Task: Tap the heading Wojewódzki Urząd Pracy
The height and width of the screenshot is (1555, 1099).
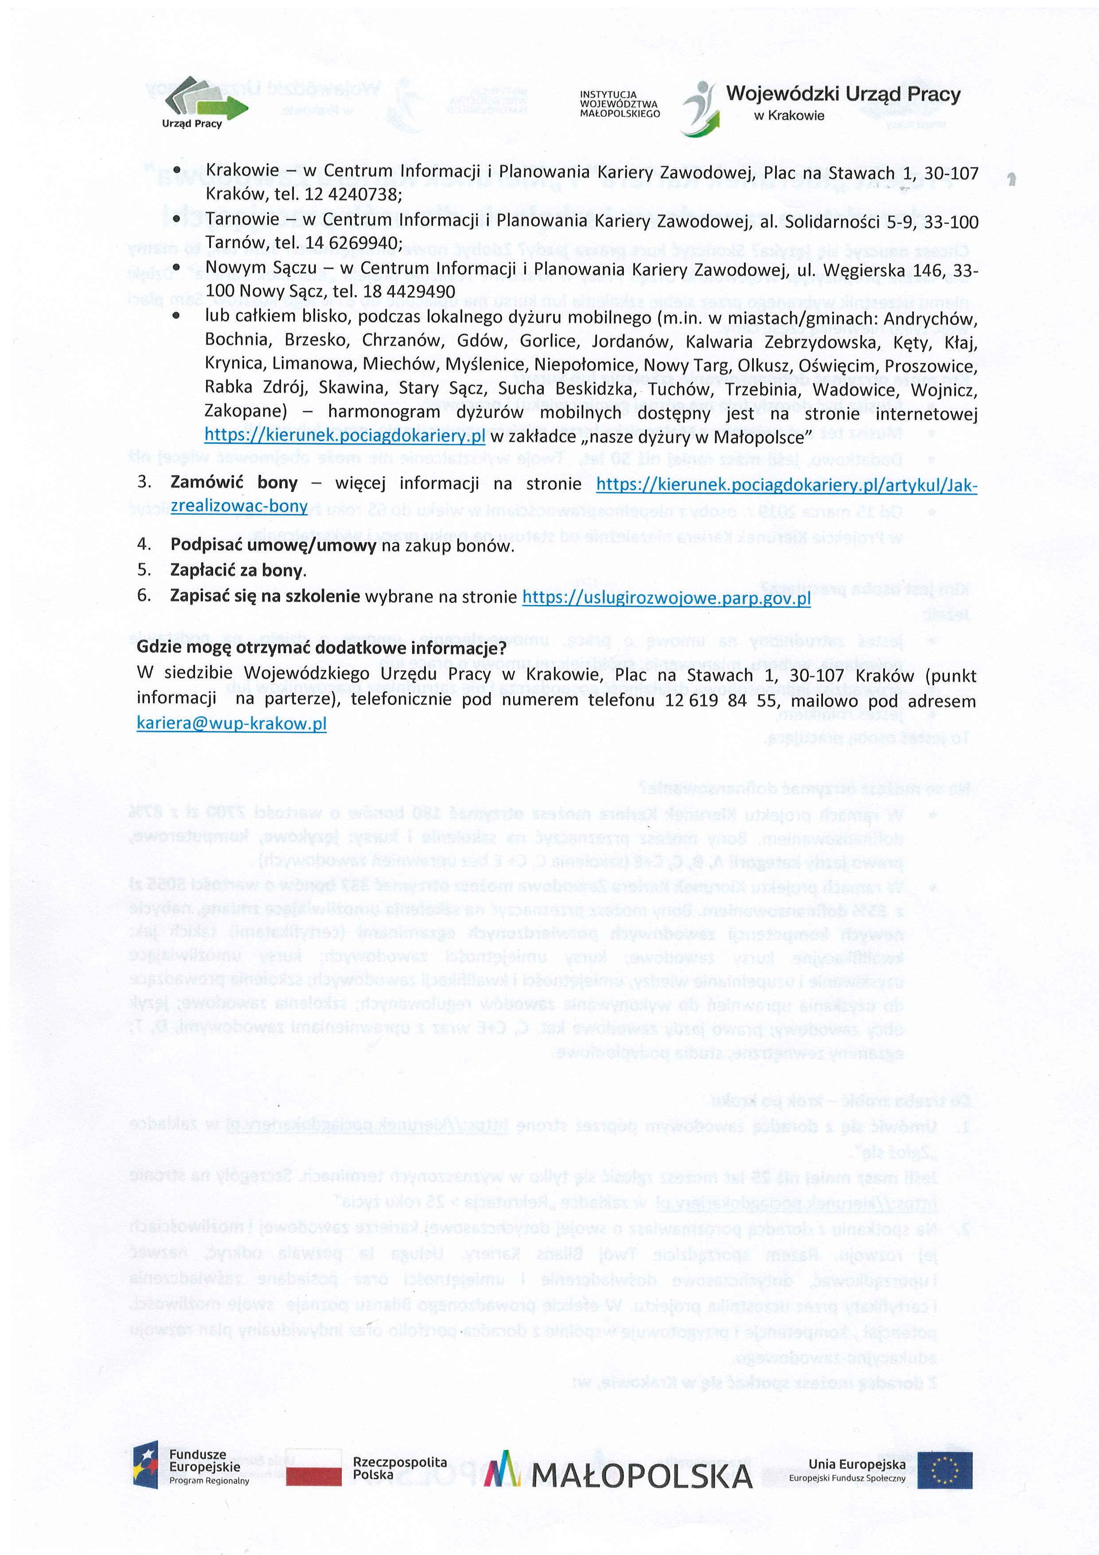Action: (x=842, y=95)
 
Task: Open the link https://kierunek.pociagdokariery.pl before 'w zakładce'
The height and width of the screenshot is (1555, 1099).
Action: (x=345, y=436)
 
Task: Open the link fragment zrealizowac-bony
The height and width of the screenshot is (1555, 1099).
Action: (x=239, y=507)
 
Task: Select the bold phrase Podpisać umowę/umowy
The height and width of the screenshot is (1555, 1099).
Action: (x=273, y=546)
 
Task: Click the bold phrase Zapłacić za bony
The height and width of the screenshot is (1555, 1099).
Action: (x=237, y=571)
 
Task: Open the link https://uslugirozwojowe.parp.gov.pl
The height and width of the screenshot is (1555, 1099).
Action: (x=666, y=598)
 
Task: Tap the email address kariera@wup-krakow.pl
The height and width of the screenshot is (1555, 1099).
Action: (x=232, y=724)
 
